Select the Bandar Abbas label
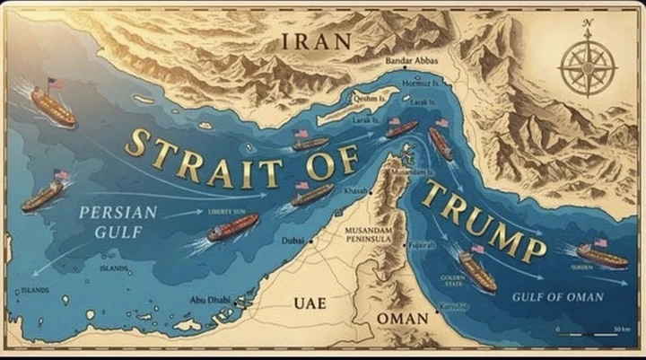[x=410, y=60]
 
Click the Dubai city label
[x=292, y=241]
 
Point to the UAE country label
[x=310, y=303]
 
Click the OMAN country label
[x=402, y=320]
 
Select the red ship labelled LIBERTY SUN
[x=232, y=227]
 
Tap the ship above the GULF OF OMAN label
[x=601, y=255]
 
